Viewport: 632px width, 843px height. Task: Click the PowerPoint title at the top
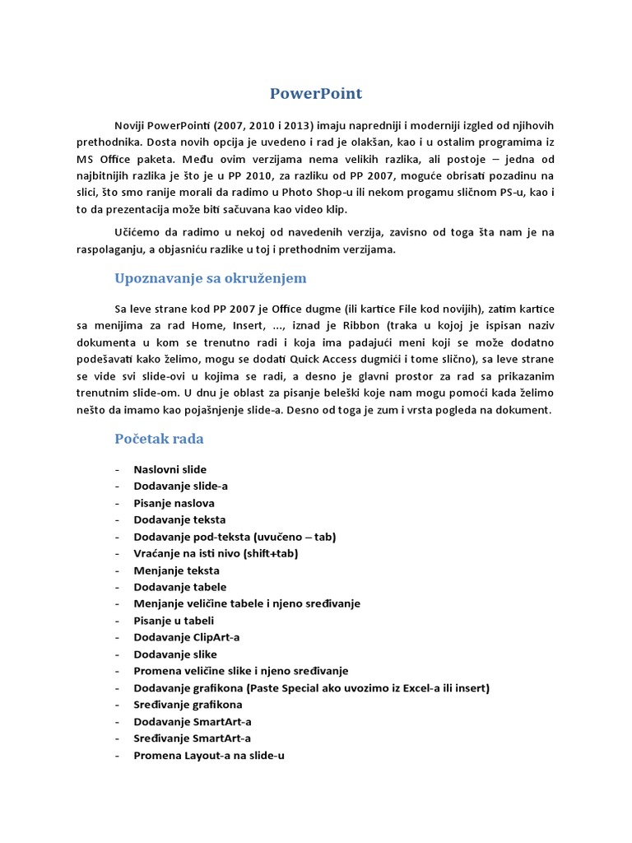pos(316,93)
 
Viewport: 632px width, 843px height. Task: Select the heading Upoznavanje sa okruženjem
pos(210,278)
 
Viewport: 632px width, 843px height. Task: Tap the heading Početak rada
pos(159,439)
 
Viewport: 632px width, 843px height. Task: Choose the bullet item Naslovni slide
pos(170,469)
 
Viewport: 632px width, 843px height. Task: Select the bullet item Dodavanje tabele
pos(179,587)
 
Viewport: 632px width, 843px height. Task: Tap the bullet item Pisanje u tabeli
pos(174,621)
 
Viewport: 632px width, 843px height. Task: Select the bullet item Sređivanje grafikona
pos(188,705)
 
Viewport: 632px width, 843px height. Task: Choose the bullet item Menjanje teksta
pos(176,571)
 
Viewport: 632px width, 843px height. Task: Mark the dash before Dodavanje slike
pos(118,654)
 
